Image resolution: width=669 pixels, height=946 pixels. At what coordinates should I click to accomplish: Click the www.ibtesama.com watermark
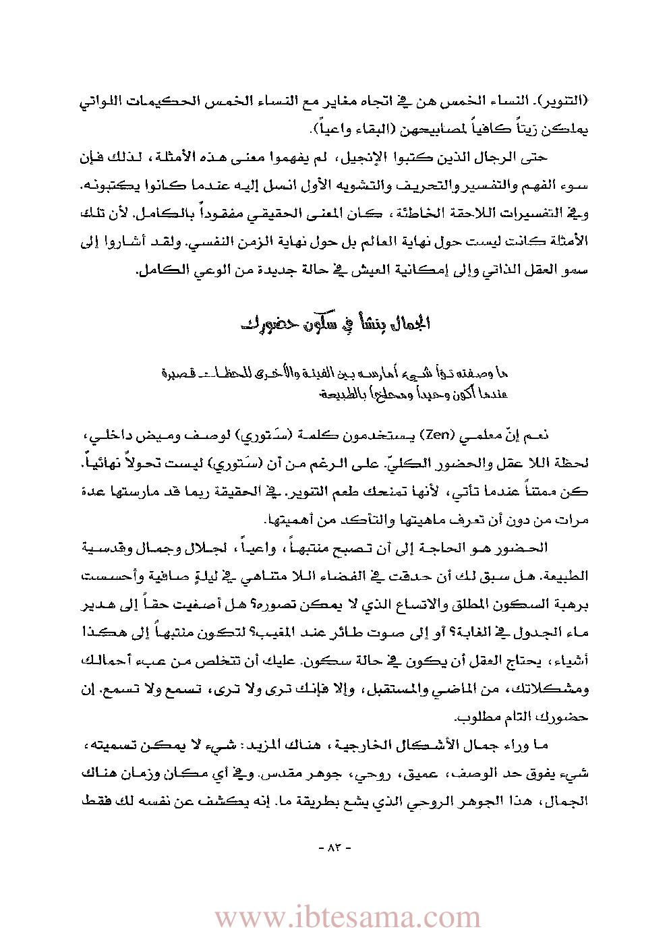pyautogui.click(x=347, y=917)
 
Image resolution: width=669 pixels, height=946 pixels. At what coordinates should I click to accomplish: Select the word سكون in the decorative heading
pyautogui.click(x=320, y=323)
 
